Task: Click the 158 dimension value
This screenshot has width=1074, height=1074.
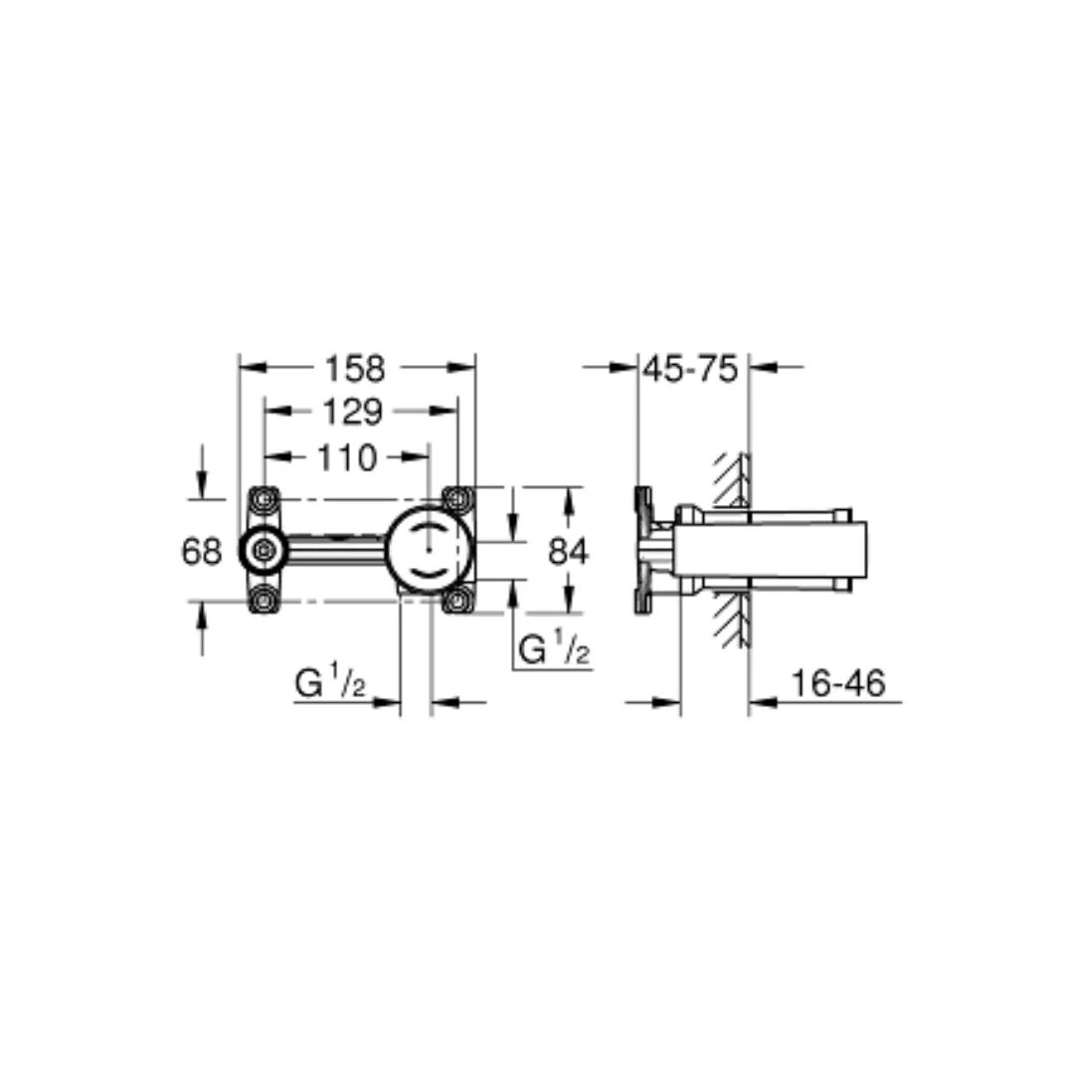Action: point(355,369)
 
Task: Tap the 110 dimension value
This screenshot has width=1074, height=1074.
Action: point(347,456)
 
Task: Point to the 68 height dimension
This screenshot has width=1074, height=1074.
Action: point(201,551)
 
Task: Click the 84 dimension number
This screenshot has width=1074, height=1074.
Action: point(569,551)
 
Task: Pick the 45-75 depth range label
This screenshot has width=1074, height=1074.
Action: point(690,369)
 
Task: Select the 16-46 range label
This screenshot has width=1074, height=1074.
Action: point(838,683)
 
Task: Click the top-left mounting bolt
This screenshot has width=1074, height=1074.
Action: point(264,499)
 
